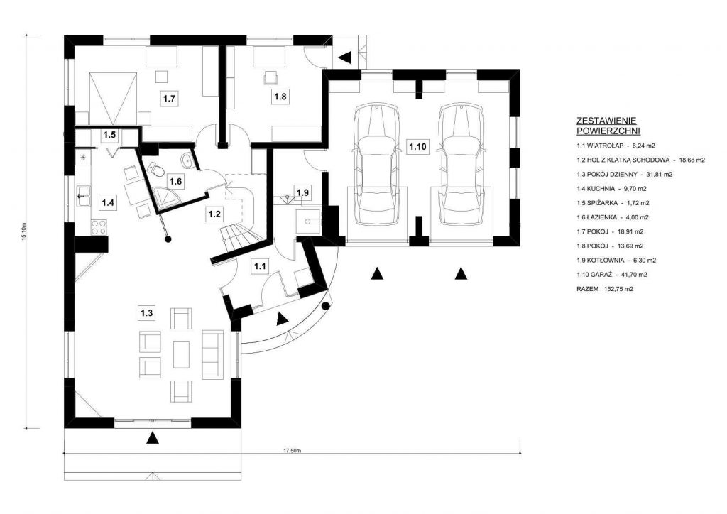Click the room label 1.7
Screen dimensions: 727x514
tap(169, 99)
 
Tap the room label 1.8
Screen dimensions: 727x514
tap(280, 97)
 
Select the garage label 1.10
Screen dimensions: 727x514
tap(417, 147)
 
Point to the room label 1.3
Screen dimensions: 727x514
tap(146, 313)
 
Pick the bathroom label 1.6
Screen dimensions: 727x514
tap(175, 181)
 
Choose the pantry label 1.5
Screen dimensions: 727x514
tap(109, 135)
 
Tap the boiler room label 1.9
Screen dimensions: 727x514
tap(302, 192)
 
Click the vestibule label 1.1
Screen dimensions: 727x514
tap(260, 266)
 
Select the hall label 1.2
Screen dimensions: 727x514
tap(214, 214)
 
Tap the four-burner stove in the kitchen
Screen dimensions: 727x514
tap(99, 226)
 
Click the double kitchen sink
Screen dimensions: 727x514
tap(85, 195)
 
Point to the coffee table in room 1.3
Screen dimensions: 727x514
tap(181, 354)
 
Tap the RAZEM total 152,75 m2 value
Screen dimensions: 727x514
tap(619, 289)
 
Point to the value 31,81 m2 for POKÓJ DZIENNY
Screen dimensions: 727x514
tap(658, 174)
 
